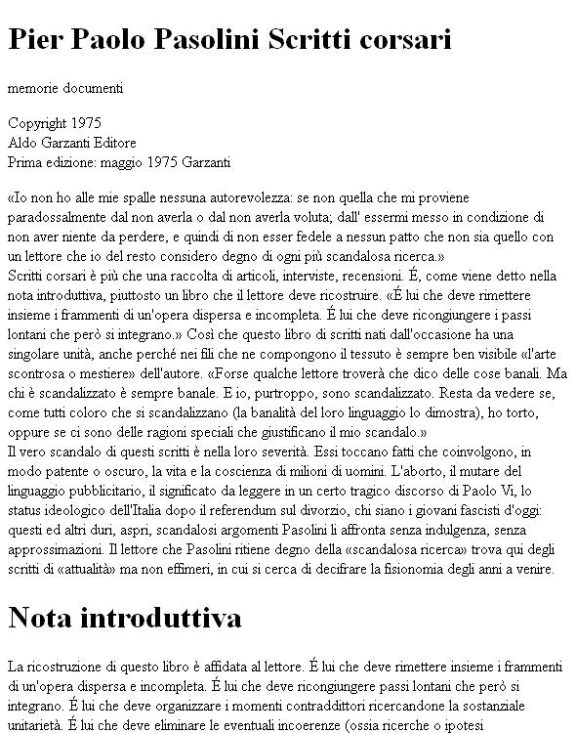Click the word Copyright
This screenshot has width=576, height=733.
click(x=38, y=124)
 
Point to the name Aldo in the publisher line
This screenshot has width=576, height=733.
click(x=21, y=142)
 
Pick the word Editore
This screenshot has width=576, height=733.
click(x=109, y=142)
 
